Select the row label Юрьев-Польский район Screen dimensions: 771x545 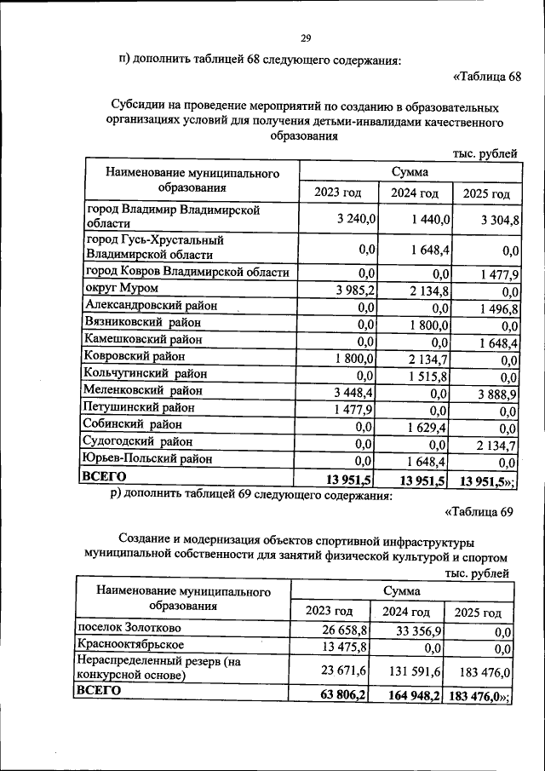(x=146, y=459)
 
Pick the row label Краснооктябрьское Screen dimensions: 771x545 (x=129, y=645)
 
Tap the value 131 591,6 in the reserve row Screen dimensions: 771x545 (x=415, y=671)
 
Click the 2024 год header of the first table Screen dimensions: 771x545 (x=415, y=193)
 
